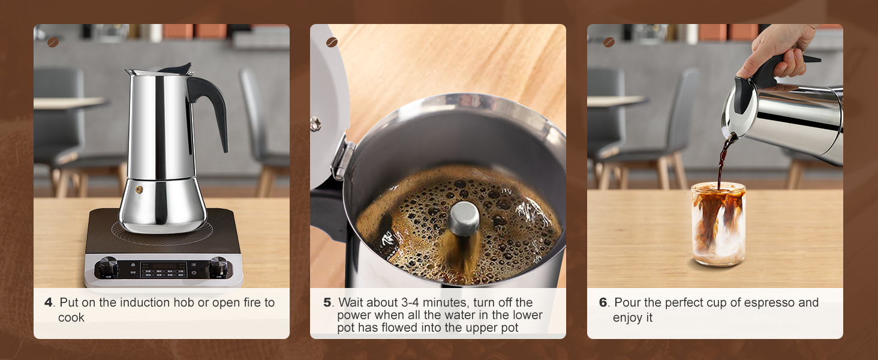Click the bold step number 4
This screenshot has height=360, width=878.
tap(49, 302)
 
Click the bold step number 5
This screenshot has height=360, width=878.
tap(327, 302)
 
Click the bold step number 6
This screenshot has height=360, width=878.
tap(603, 302)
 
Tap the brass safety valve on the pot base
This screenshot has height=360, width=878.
tap(139, 189)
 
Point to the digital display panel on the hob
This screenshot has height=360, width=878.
tap(163, 269)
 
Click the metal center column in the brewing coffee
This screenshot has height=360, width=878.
tap(464, 219)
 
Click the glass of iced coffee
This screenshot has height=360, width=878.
tap(718, 223)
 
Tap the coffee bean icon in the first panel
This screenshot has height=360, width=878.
tap(53, 43)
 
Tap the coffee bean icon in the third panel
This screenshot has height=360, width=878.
tap(608, 43)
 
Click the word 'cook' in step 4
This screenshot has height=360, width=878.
tap(71, 318)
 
